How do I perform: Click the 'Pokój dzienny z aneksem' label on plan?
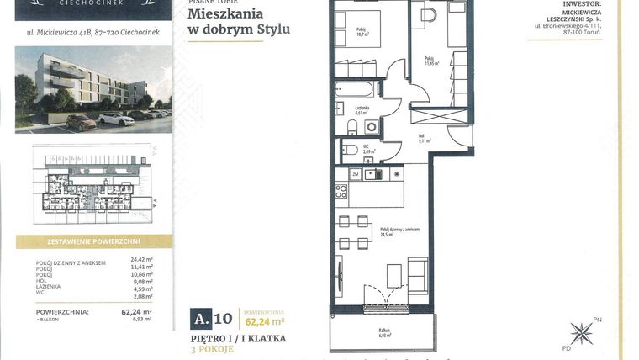coord(399,231)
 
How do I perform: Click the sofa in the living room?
coord(418,275)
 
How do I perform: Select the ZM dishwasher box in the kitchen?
coord(356,174)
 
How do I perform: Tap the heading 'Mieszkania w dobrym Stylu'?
coord(239,23)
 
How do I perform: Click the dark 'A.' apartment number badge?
coord(202,318)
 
